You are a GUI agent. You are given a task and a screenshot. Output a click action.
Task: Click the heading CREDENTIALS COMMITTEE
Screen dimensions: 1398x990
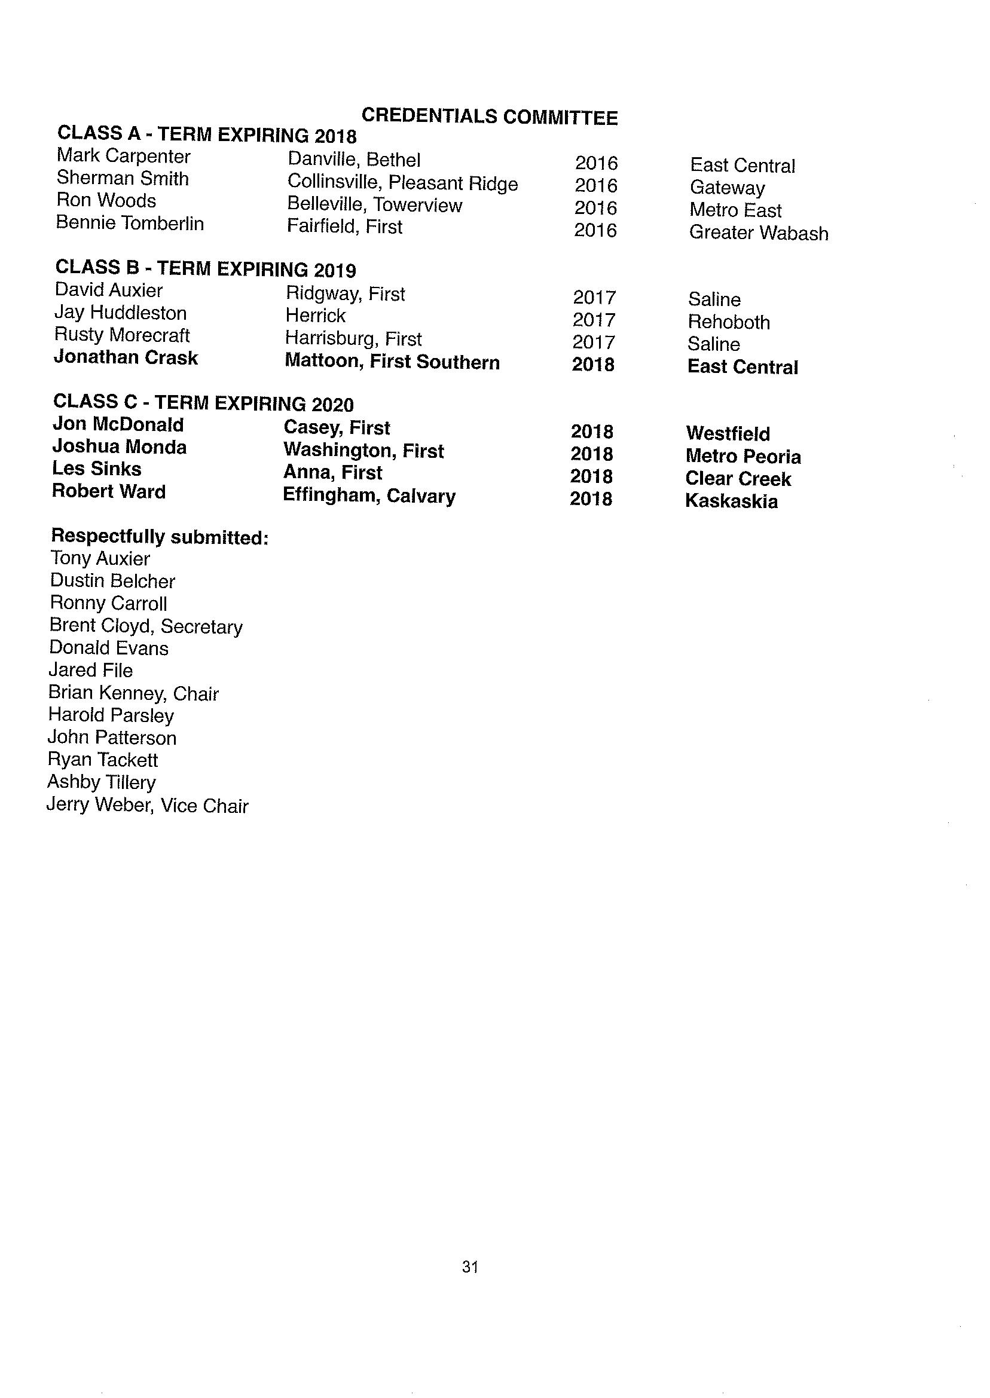coord(490,117)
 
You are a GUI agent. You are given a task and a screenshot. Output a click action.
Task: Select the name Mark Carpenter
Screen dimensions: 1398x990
coord(123,157)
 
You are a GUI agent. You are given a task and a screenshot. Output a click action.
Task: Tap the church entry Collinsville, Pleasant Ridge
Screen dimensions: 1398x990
coord(402,183)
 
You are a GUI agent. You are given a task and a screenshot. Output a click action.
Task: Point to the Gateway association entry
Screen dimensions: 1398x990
coord(726,188)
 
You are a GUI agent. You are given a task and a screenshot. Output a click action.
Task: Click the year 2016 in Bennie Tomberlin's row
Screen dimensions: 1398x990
coord(595,230)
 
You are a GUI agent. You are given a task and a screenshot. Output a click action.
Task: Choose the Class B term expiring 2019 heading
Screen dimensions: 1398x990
coord(206,269)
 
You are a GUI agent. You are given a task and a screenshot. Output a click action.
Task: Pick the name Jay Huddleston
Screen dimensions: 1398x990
coord(120,313)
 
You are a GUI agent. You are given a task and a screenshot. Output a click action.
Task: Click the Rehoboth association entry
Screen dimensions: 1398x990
coord(729,322)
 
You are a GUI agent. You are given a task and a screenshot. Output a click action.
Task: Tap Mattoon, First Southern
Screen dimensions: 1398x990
coord(392,362)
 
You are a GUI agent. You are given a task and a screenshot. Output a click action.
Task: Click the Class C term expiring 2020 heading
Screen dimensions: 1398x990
coord(203,403)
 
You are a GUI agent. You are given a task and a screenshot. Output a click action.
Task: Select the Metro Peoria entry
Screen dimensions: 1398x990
coord(742,457)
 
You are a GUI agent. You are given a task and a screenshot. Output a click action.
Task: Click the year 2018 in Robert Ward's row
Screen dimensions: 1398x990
coord(591,499)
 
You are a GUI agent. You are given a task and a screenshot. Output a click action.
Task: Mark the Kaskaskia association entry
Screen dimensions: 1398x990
coord(731,501)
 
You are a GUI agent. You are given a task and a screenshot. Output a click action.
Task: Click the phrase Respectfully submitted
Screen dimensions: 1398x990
coord(160,537)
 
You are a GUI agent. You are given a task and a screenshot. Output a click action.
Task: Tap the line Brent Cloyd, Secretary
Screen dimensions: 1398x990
coord(146,626)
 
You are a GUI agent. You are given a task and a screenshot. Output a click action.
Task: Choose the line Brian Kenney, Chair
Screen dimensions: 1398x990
coord(133,693)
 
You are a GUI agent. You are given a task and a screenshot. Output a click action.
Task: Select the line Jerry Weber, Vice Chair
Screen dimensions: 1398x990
coord(148,806)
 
